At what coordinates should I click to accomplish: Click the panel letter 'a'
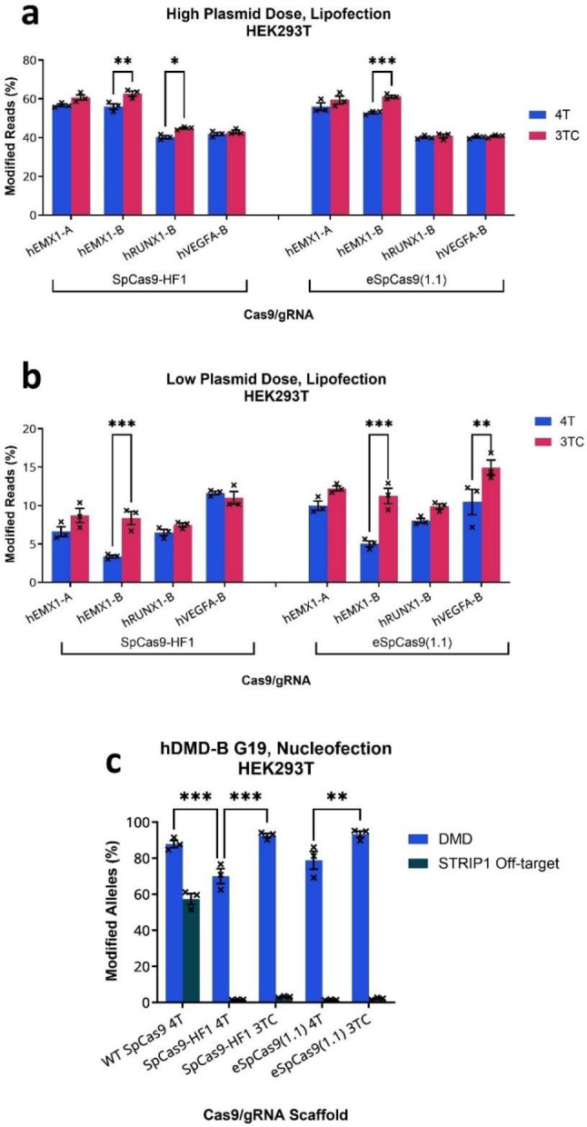click(x=14, y=15)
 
